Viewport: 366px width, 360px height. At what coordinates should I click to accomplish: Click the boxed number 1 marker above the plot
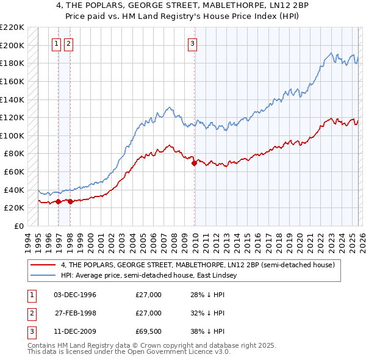coord(57,43)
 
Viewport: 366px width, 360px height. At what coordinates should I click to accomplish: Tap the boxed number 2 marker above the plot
coord(68,43)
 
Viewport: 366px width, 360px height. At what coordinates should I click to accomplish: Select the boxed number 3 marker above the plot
coord(192,43)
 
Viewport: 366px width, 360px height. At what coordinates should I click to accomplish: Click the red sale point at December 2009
coord(194,163)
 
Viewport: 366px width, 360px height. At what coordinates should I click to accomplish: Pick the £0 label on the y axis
coord(18,226)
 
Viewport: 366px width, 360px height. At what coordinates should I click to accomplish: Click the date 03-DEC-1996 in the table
coord(75,295)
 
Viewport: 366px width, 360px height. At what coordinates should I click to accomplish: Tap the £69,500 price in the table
coord(149,331)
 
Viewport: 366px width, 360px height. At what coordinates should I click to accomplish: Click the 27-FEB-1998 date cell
coord(75,313)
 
